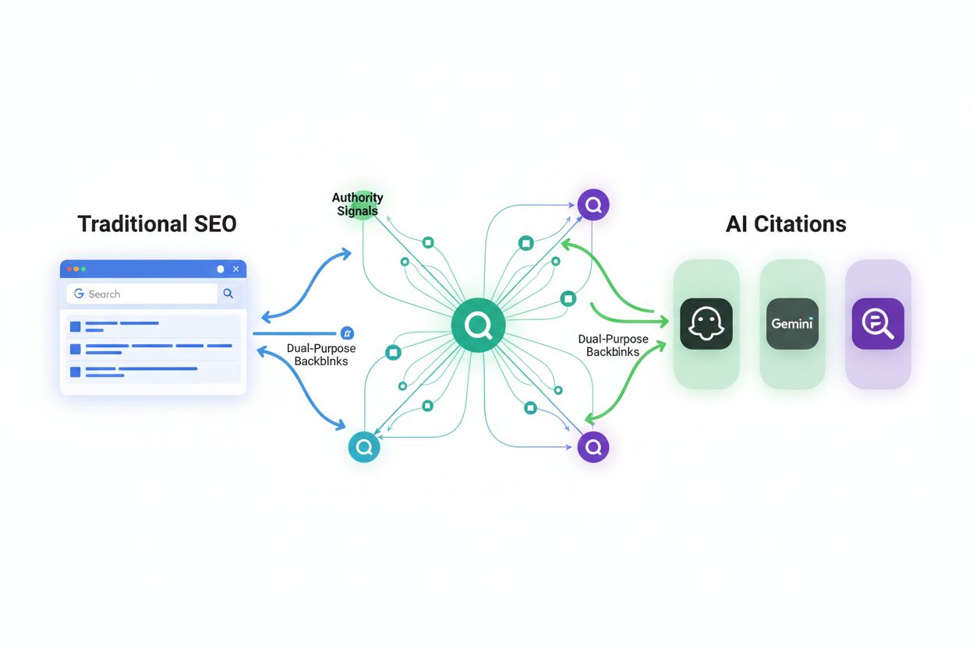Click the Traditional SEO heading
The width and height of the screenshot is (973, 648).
[x=157, y=224]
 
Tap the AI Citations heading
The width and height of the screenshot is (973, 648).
[x=786, y=224]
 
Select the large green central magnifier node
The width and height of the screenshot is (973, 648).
[x=478, y=326]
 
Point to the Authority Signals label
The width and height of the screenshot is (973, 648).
[x=358, y=204]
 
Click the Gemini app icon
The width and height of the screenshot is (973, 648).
[x=792, y=323]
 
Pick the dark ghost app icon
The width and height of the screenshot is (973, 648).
[x=706, y=323]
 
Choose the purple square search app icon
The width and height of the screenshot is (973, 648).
[x=878, y=323]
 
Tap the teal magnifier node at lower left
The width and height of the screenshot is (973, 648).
[x=363, y=447]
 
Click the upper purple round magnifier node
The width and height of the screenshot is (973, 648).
[x=593, y=205]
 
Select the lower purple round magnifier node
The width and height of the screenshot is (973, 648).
[x=593, y=447]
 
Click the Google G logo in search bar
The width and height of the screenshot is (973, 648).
[x=79, y=294]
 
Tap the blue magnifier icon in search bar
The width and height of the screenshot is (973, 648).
[x=228, y=294]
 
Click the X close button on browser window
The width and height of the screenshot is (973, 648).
[x=236, y=269]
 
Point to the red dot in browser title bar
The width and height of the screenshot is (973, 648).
[x=69, y=269]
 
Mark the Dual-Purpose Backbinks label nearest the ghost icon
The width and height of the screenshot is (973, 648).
[x=614, y=345]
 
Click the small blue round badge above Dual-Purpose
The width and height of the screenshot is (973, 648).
[x=348, y=333]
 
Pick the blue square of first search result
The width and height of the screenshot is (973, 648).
[x=76, y=326]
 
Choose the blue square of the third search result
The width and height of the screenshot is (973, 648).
[x=76, y=372]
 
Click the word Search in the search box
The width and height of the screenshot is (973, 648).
[x=104, y=294]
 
